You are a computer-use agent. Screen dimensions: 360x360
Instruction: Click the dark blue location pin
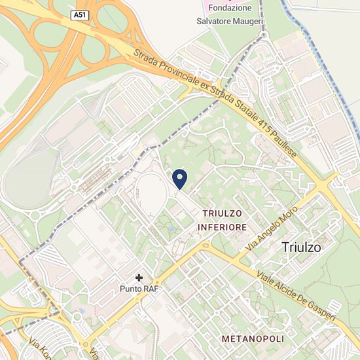(x=179, y=178)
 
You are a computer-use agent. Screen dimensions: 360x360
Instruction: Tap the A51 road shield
(x=79, y=14)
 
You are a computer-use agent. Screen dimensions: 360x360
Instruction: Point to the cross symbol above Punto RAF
(x=139, y=278)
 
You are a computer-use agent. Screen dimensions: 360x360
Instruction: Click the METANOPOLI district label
(x=253, y=339)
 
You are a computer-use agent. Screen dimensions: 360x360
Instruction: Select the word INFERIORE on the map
(x=223, y=227)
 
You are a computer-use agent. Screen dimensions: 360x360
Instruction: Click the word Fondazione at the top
(x=229, y=8)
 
